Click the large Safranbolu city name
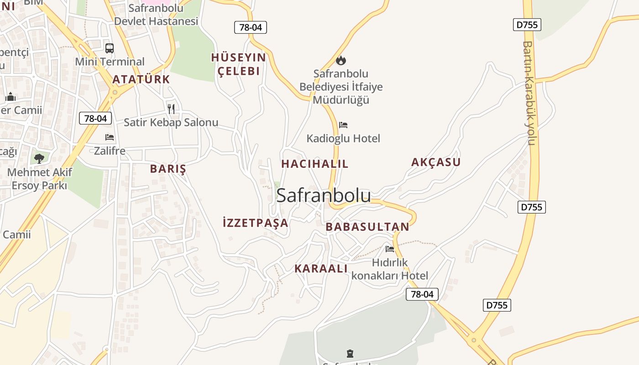[323, 195]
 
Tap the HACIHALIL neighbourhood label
[314, 164]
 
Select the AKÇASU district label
[436, 162]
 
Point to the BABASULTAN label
[367, 227]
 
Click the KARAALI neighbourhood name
[321, 268]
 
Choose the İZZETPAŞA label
[255, 223]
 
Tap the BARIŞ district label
[168, 169]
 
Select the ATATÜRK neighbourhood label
[141, 79]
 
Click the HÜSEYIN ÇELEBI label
[238, 64]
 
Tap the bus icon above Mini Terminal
[110, 48]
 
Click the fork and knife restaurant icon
[171, 109]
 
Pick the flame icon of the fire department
[341, 60]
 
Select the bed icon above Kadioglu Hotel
[343, 125]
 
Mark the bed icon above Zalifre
[110, 137]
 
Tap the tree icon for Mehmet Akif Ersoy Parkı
[39, 158]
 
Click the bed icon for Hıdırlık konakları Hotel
[390, 249]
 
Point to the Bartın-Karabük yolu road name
[529, 93]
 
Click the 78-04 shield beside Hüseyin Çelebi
[251, 27]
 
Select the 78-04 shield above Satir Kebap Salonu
[95, 118]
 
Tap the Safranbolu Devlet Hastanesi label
[156, 15]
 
